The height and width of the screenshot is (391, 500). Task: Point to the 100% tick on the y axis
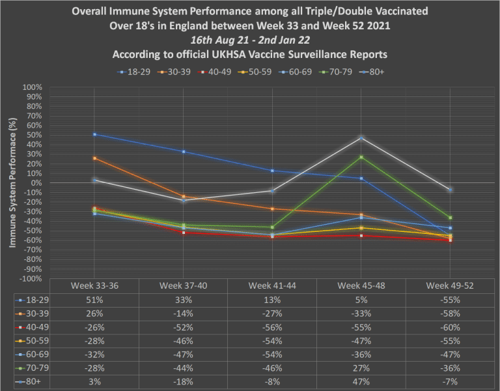click(x=33, y=87)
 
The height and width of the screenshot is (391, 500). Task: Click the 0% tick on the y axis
click(x=37, y=183)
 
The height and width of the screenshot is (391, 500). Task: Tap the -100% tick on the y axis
click(x=32, y=278)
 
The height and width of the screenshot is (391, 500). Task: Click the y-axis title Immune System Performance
click(x=12, y=183)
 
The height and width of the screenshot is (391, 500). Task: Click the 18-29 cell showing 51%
click(x=95, y=300)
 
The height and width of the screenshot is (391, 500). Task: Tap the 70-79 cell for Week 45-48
click(x=361, y=368)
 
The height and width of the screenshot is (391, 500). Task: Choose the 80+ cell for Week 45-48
click(x=361, y=382)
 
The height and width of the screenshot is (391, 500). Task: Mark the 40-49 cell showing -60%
click(x=450, y=328)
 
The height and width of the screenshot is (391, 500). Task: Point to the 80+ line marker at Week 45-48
click(x=361, y=138)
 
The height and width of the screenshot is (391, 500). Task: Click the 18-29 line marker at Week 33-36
click(x=95, y=134)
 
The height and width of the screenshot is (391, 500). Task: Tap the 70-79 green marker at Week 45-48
click(x=361, y=157)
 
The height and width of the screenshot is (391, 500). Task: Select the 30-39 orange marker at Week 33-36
click(x=95, y=158)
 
